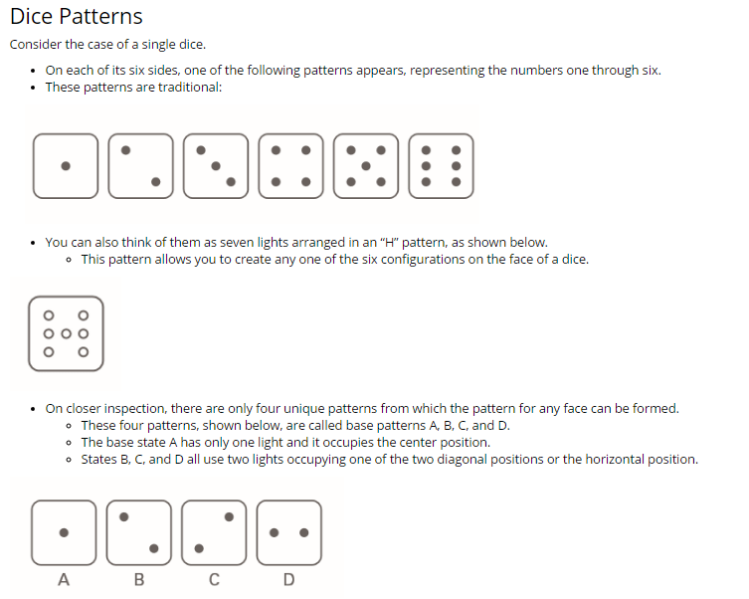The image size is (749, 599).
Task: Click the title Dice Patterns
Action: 77,17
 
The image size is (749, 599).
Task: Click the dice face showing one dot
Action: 66,165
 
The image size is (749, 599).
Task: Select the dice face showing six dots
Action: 441,165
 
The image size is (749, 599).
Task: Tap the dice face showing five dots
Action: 366,165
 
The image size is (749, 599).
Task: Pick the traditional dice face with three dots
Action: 216,165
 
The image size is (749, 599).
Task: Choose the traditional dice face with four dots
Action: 290,165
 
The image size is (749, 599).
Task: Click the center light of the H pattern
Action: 66,333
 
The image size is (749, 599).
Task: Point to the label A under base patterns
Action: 64,580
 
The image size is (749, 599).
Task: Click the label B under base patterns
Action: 138,580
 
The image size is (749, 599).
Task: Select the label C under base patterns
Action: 214,580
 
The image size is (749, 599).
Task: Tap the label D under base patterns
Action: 288,580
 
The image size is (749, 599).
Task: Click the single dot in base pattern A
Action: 64,532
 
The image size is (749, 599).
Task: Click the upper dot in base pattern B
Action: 124,516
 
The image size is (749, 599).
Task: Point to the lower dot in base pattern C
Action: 199,547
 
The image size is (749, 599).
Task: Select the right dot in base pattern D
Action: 303,532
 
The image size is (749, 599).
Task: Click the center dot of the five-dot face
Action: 366,165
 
